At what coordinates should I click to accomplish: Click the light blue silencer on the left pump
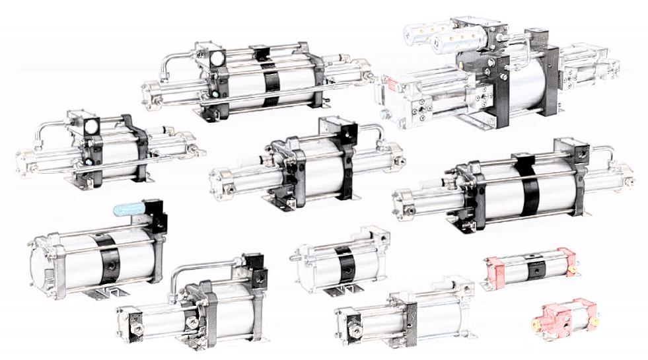pos(129,210)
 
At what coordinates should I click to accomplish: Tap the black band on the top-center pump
pos(271,81)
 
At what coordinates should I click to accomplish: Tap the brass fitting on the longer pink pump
pos(574,270)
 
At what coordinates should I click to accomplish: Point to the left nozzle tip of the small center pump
pos(292,260)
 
